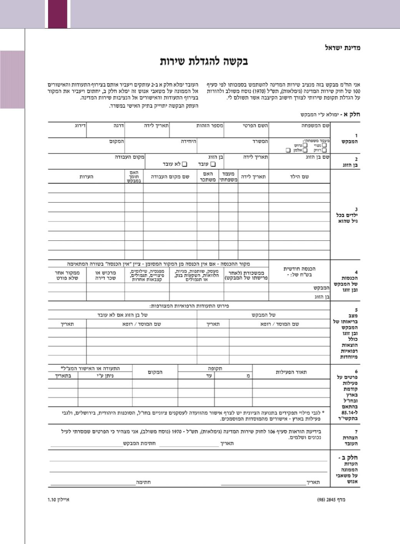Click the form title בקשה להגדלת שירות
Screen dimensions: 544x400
click(x=204, y=61)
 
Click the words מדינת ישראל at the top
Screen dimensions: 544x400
click(x=342, y=48)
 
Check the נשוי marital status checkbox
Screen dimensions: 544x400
click(x=324, y=145)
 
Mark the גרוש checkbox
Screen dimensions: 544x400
click(x=305, y=145)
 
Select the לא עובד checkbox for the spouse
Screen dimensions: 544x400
click(x=185, y=164)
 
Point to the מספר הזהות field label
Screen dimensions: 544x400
click(x=210, y=126)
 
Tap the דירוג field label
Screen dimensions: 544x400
click(x=80, y=126)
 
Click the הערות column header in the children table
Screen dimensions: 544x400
click(x=86, y=177)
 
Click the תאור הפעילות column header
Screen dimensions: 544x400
click(x=291, y=372)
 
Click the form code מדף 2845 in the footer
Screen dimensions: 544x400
click(x=331, y=500)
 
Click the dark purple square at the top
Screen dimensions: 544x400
click(x=58, y=14)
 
